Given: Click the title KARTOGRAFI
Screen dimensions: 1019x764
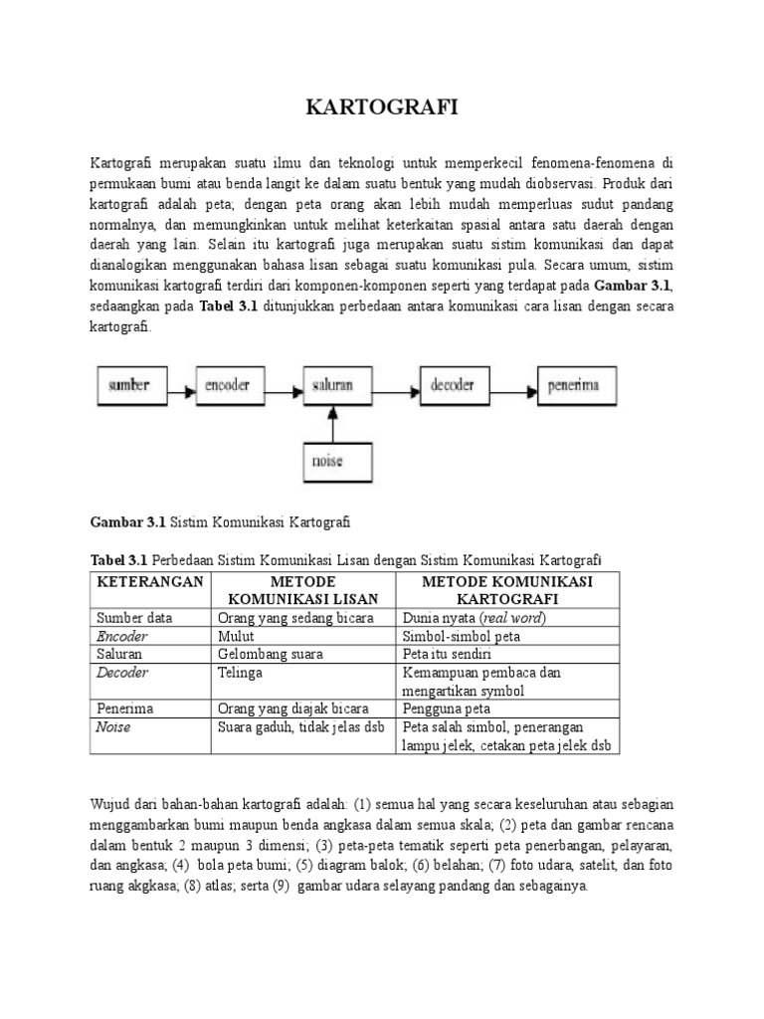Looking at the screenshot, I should click(x=382, y=108).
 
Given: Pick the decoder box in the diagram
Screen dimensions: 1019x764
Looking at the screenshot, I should click(x=453, y=384).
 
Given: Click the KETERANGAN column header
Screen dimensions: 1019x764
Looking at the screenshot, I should click(x=149, y=581).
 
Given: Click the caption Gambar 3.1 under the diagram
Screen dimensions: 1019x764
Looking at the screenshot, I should click(x=129, y=520).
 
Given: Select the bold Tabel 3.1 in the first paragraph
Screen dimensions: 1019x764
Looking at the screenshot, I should click(x=229, y=306).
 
